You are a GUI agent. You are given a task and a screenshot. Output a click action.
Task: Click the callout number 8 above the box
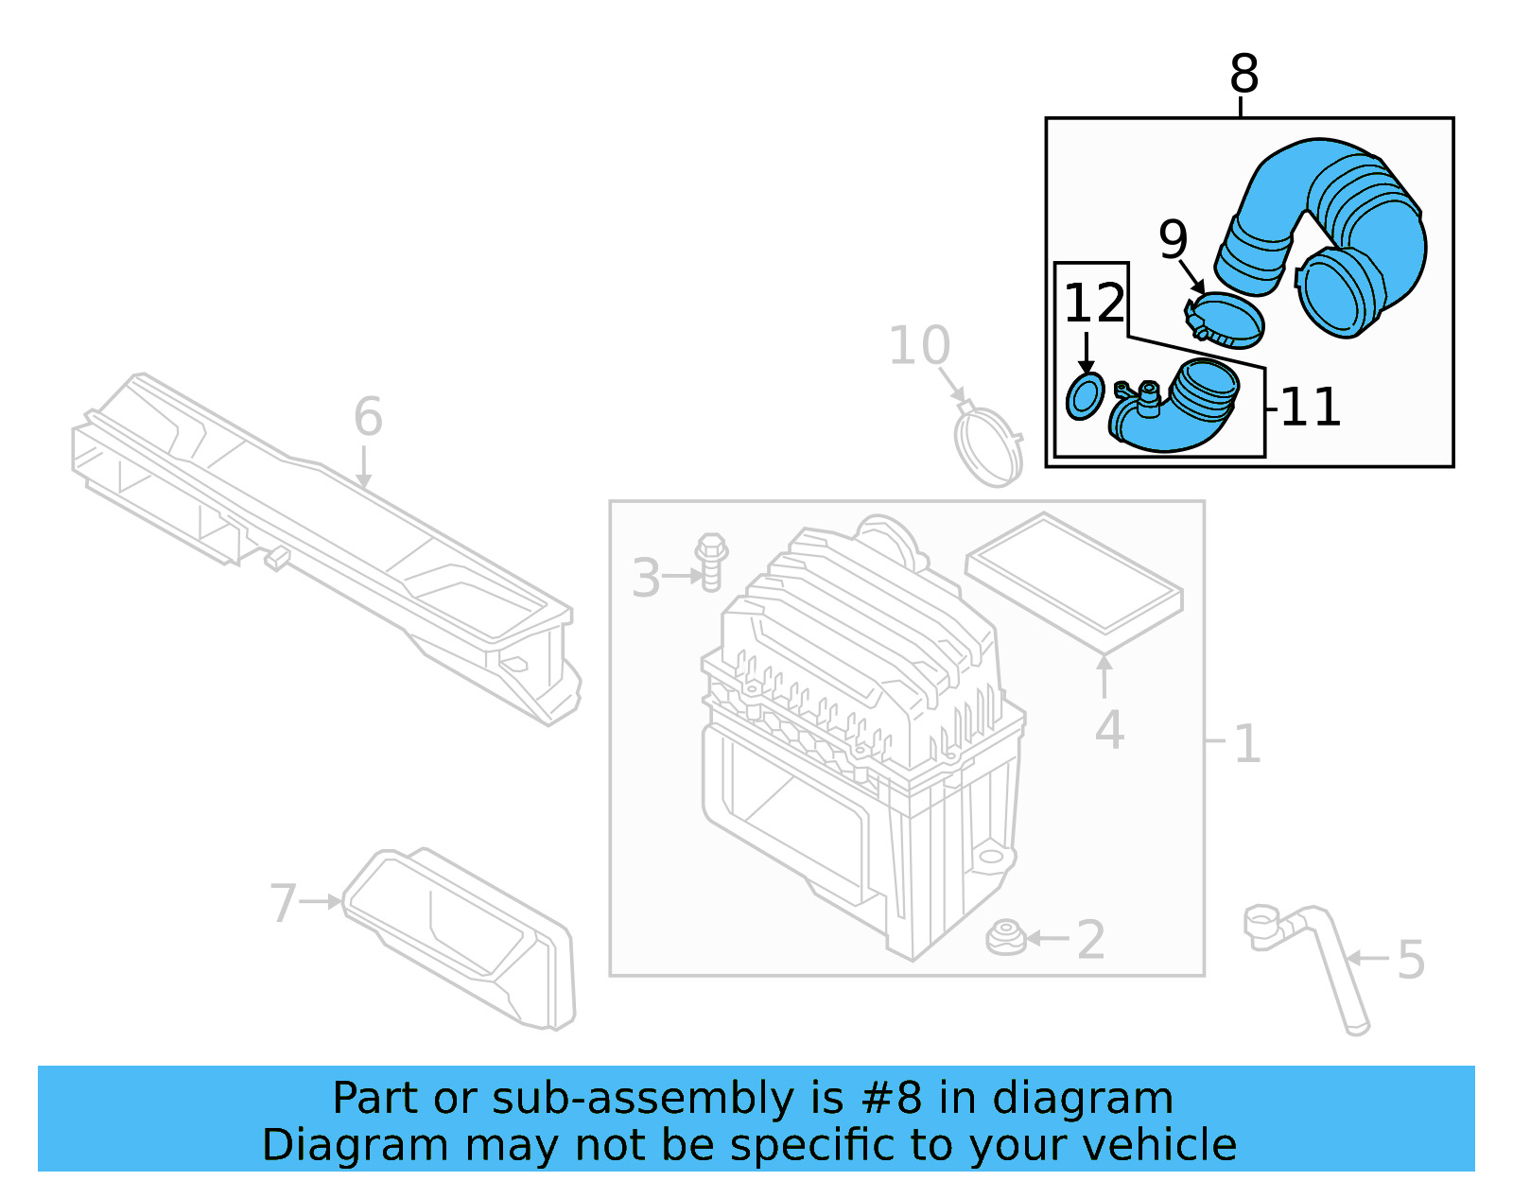pyautogui.click(x=1243, y=74)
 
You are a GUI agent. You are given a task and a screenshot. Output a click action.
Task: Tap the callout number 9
pyautogui.click(x=1173, y=239)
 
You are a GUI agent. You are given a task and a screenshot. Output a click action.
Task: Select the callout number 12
pyautogui.click(x=1095, y=304)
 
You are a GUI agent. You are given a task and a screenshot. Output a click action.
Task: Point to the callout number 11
pyautogui.click(x=1310, y=408)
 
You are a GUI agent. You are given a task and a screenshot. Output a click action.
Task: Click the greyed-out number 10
pyautogui.click(x=919, y=346)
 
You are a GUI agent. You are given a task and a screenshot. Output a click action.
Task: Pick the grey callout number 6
pyautogui.click(x=368, y=417)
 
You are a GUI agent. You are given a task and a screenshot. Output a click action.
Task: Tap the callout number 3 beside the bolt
pyautogui.click(x=646, y=578)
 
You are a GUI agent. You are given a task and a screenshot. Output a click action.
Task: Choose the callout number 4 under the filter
pyautogui.click(x=1109, y=730)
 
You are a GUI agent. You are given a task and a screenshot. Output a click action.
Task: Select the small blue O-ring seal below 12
pyautogui.click(x=1085, y=396)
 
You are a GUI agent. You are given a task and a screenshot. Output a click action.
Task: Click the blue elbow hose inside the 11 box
pyautogui.click(x=1173, y=411)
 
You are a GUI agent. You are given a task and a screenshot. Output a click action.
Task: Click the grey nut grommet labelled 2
pyautogui.click(x=1005, y=938)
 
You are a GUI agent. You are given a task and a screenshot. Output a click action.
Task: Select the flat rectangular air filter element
pyautogui.click(x=1074, y=581)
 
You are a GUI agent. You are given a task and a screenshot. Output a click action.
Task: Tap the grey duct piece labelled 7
pyautogui.click(x=463, y=936)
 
